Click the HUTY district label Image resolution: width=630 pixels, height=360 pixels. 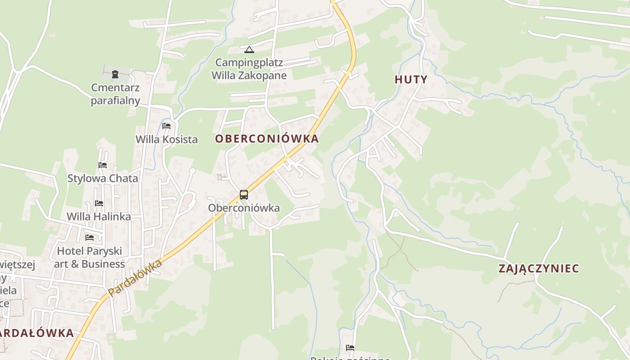411,80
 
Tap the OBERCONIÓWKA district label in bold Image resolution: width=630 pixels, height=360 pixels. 267,139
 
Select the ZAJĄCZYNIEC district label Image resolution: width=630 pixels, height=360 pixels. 539,269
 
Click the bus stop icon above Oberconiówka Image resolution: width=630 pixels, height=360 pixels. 244,195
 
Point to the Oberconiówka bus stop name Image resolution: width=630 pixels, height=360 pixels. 244,208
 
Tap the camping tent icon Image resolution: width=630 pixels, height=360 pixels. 249,49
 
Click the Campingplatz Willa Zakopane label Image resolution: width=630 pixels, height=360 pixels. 249,69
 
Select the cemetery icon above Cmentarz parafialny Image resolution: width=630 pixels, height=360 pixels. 115,74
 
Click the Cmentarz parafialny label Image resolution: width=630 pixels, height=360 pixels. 115,94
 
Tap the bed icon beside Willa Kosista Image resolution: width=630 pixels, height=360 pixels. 166,126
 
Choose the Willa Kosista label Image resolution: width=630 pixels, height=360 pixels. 166,139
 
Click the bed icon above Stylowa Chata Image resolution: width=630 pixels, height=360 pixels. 103,165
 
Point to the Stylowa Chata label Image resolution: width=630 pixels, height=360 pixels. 103,179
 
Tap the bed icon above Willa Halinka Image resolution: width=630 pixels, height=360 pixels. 99,203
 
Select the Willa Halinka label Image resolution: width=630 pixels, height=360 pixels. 99,217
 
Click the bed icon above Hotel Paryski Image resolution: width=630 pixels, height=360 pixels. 90,237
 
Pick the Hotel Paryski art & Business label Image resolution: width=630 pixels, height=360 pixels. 89,257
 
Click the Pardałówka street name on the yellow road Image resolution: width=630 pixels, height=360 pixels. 135,278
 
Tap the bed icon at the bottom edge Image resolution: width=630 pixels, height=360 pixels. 350,348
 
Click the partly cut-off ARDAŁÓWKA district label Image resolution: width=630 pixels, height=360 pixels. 37,333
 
